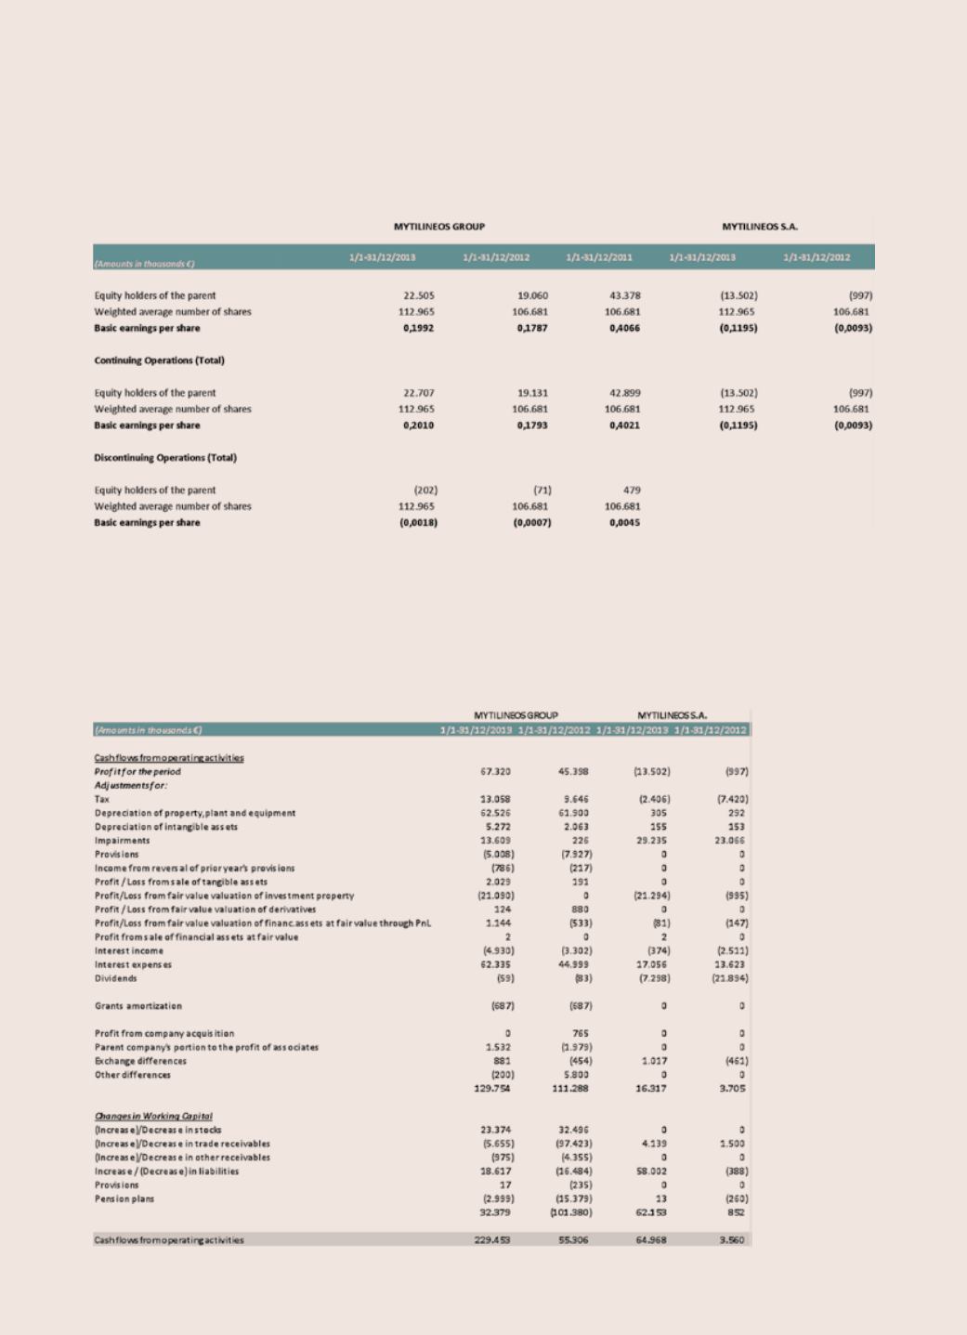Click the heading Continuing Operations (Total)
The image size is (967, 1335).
[x=159, y=360]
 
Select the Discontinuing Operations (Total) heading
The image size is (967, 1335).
[x=165, y=458]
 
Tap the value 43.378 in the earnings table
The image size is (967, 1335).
[x=621, y=295]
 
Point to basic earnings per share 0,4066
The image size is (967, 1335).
[x=624, y=328]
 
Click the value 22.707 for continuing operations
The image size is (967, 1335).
[x=419, y=393]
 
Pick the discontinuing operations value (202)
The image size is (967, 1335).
[x=425, y=491]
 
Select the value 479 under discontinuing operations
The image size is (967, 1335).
[x=631, y=491]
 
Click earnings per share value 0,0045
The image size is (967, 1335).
[x=624, y=523]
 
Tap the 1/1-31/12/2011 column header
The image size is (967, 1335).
[x=598, y=257]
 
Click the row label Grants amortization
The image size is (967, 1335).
[x=138, y=1006]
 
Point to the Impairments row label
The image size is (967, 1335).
[x=122, y=840]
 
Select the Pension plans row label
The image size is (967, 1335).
[x=124, y=1198]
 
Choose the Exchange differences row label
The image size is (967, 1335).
[x=140, y=1061]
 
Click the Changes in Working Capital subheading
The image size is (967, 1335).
[x=153, y=1116]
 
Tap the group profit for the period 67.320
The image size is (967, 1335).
[x=497, y=771]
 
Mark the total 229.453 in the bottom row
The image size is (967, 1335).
[x=493, y=1239]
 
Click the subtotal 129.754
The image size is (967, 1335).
[x=493, y=1088]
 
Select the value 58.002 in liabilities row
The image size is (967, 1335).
[x=653, y=1171]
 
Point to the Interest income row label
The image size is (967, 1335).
[x=129, y=950]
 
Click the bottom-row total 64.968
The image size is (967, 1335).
[x=651, y=1239]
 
